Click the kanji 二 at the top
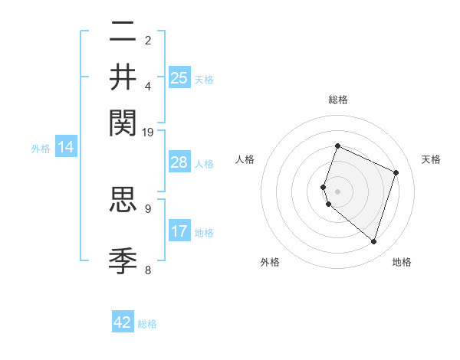pos(123,32)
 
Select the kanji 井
pos(123,77)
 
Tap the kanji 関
pos(123,121)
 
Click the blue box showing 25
pos(179,78)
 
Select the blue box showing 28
pos(179,163)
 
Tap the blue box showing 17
pos(179,231)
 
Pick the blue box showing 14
pos(66,148)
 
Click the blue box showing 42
pos(123,322)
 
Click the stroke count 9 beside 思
pos(148,208)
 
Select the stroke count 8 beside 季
pos(148,270)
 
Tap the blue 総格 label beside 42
pos(147,324)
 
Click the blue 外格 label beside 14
pos(41,149)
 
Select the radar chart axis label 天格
pos(431,159)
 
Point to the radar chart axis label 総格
pos(337,100)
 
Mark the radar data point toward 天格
pos(396,172)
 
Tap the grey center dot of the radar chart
pos(337,191)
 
